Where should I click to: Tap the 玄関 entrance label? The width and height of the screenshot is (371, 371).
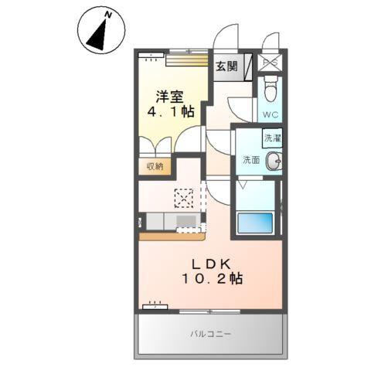click(226, 66)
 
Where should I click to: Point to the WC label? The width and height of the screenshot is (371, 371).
click(271, 114)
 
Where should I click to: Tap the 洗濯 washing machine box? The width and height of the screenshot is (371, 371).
click(273, 139)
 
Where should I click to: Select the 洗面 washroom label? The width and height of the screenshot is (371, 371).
click(251, 160)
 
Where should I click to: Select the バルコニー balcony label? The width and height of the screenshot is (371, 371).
click(211, 334)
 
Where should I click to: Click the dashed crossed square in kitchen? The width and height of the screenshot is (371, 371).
click(184, 198)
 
